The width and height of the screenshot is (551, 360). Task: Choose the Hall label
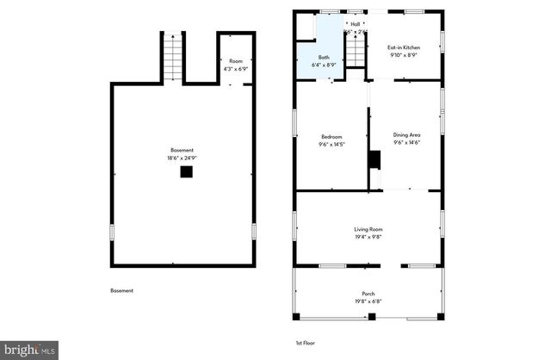pos(355,24)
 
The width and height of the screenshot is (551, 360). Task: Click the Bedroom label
pos(331,136)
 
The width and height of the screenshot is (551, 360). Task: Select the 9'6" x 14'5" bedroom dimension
pos(331,144)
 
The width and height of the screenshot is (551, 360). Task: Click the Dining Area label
pos(406,135)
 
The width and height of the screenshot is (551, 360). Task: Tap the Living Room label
pos(368,229)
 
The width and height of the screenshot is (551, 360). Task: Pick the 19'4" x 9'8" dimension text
pos(368,237)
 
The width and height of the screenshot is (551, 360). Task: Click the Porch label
pos(368,294)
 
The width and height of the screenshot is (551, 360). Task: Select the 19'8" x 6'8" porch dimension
pos(368,301)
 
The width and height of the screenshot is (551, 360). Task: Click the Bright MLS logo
pos(29,351)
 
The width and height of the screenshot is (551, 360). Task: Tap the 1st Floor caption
pos(305,343)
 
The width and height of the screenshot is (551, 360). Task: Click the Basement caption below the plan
pos(121,290)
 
